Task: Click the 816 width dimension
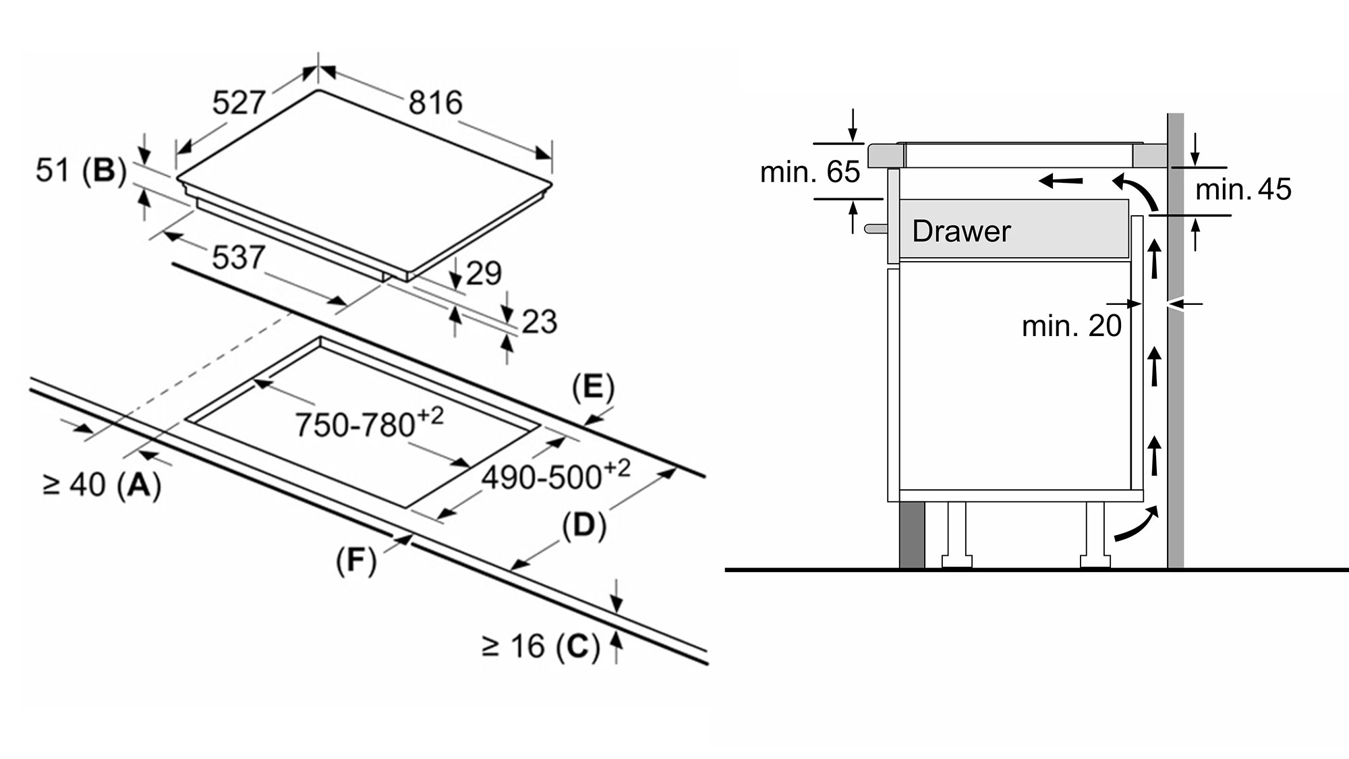click(x=435, y=103)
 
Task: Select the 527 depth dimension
click(x=238, y=103)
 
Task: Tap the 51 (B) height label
click(x=81, y=170)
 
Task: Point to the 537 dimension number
click(x=238, y=258)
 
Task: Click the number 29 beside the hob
click(x=484, y=273)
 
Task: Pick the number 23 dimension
click(x=539, y=322)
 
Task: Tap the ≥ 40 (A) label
click(x=102, y=485)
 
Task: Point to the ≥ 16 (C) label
click(x=541, y=646)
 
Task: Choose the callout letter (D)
click(x=583, y=526)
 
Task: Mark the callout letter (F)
click(x=355, y=561)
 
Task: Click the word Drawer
click(x=961, y=231)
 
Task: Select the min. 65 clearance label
click(x=810, y=172)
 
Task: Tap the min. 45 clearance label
click(x=1243, y=190)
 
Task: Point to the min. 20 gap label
click(x=1071, y=326)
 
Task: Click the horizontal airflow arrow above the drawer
click(x=1061, y=181)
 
